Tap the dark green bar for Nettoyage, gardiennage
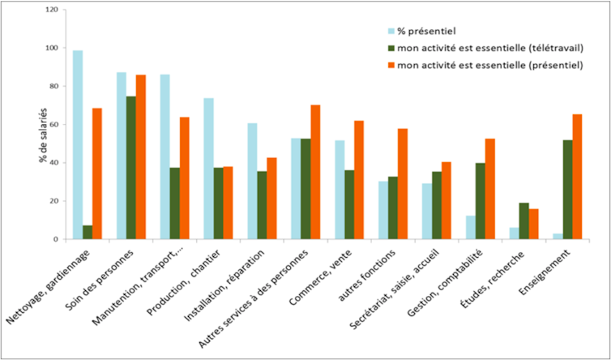pyautogui.click(x=88, y=232)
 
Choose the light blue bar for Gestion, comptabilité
pyautogui.click(x=469, y=227)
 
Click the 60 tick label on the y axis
pyautogui.click(x=53, y=124)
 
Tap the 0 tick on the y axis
pyautogui.click(x=56, y=239)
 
